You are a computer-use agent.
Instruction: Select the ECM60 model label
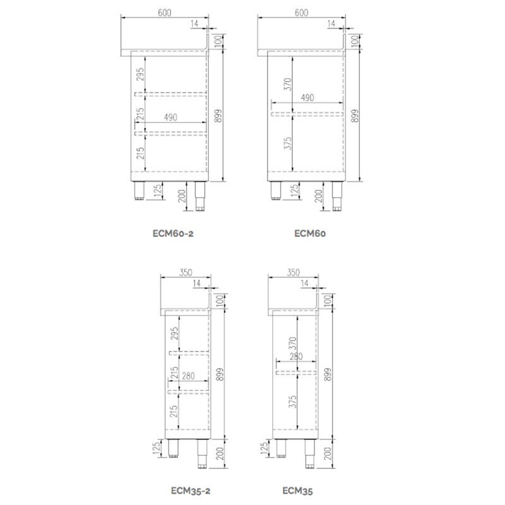point(310,234)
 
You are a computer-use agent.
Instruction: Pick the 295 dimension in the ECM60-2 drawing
point(141,76)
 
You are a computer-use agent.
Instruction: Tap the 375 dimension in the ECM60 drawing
point(289,143)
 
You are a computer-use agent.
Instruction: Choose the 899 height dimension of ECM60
point(355,115)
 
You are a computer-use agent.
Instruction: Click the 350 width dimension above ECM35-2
point(186,273)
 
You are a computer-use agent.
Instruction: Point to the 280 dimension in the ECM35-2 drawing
point(187,376)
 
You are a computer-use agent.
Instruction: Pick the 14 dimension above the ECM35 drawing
point(306,285)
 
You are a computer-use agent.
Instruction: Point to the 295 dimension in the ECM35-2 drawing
point(174,333)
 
